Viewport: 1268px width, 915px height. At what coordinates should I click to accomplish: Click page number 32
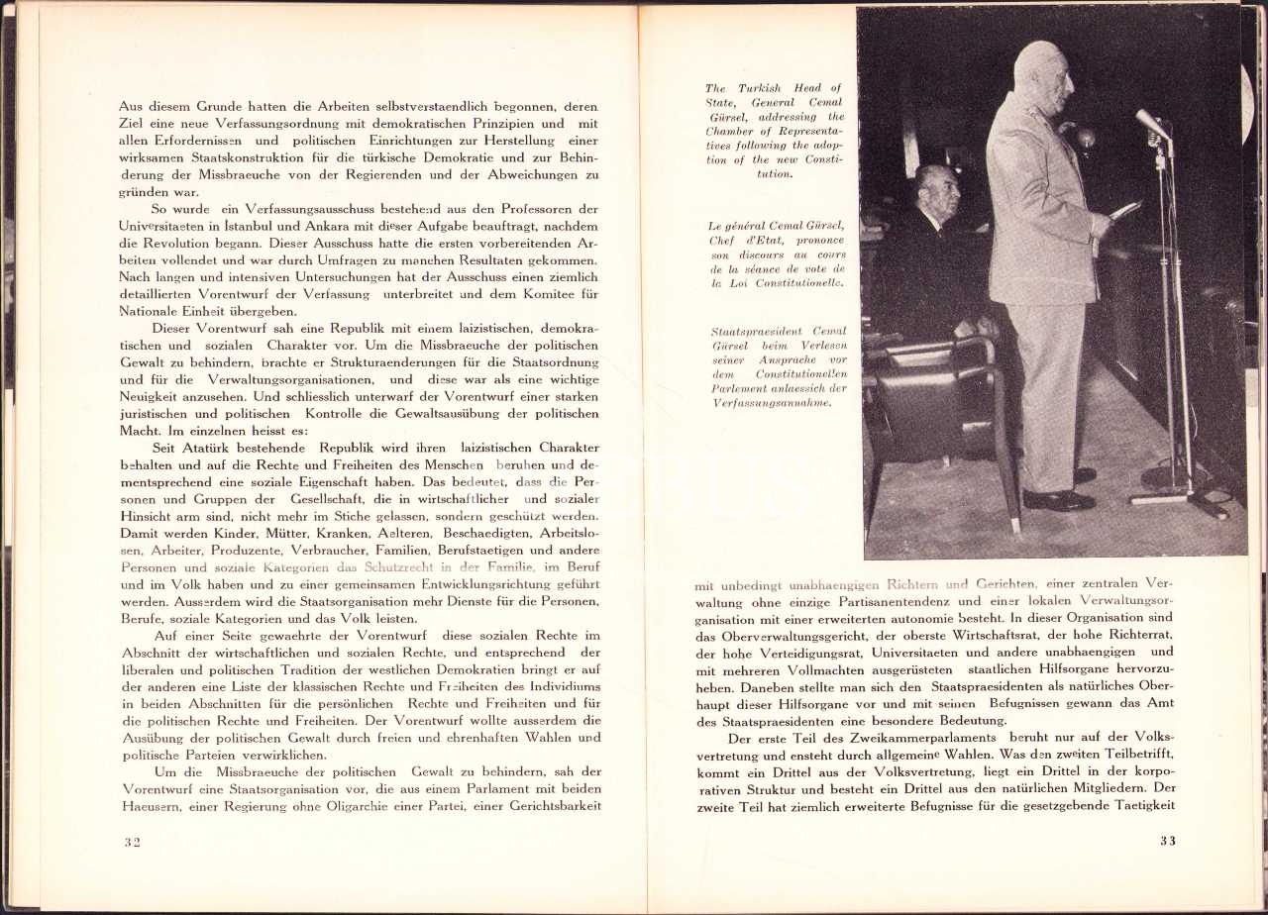tap(132, 842)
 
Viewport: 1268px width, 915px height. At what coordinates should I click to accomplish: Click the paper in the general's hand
tap(1125, 209)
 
